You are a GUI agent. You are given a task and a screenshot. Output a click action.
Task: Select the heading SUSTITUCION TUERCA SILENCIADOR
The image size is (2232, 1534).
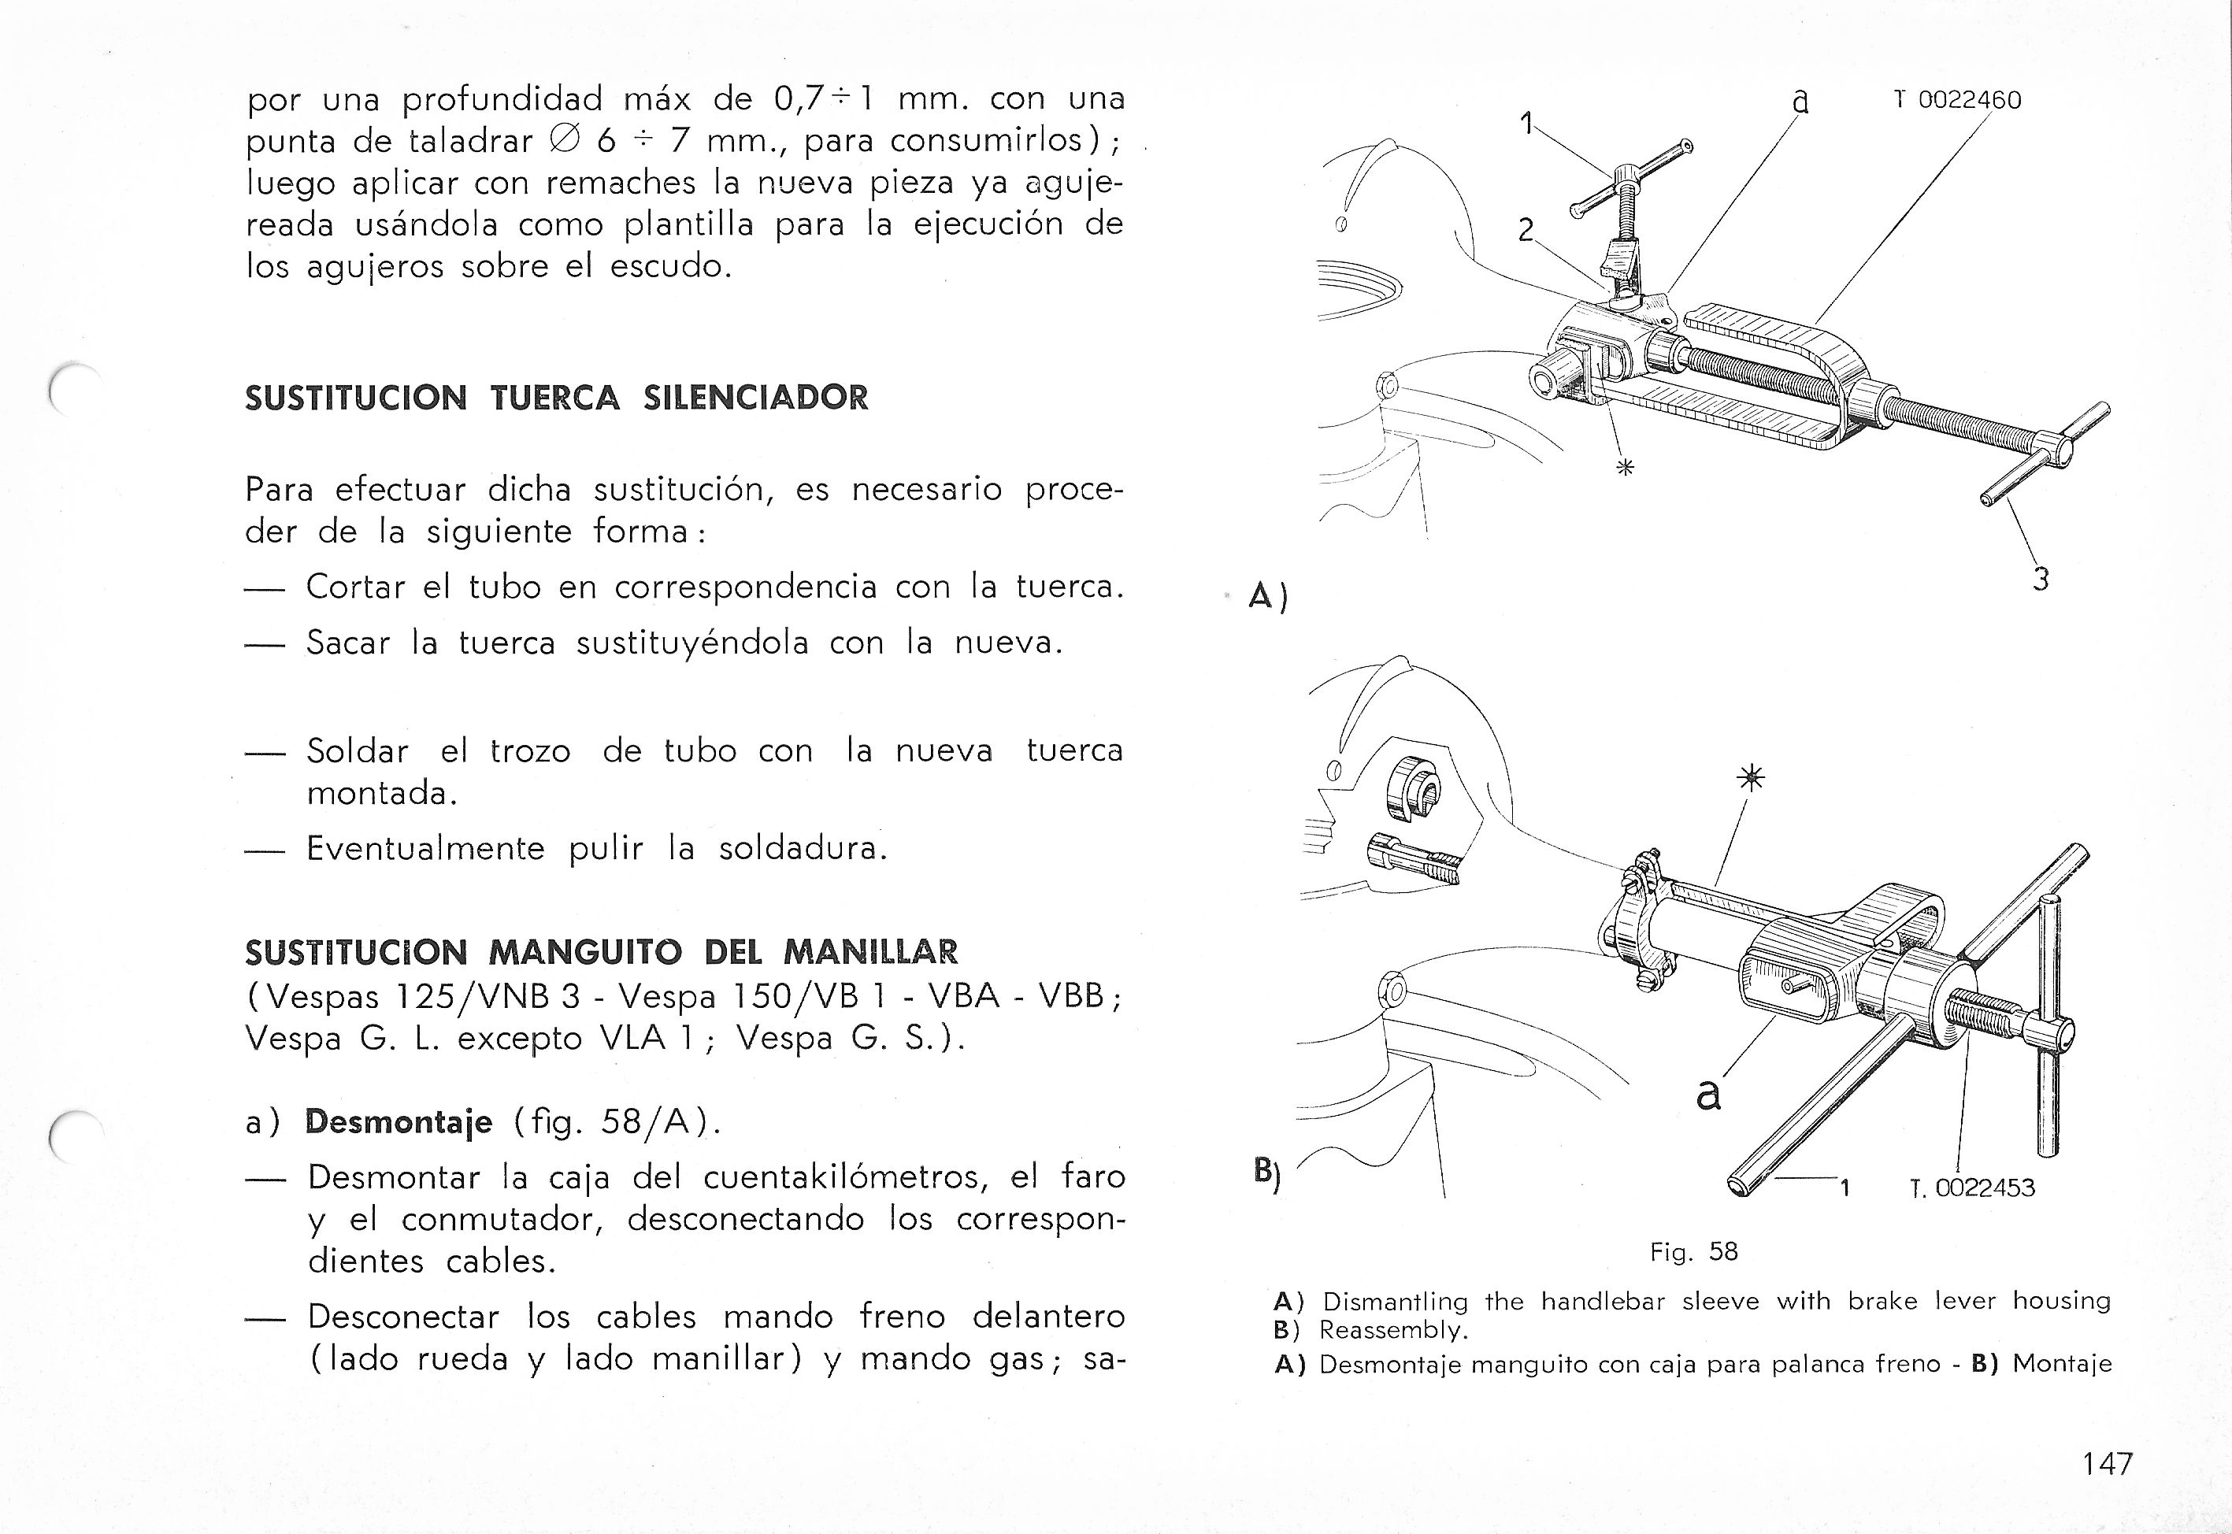(557, 397)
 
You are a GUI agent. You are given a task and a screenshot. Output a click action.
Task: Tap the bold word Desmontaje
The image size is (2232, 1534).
(398, 1121)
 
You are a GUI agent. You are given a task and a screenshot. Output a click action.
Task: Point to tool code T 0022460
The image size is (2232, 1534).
(1958, 100)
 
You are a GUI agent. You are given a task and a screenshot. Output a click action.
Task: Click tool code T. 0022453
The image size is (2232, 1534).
(1972, 1188)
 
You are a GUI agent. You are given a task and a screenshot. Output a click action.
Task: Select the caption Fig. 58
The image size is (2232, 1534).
(1694, 1251)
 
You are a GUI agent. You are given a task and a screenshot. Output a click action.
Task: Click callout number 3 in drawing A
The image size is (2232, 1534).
(2040, 580)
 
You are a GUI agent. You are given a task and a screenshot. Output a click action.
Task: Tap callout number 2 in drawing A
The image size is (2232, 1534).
(1526, 231)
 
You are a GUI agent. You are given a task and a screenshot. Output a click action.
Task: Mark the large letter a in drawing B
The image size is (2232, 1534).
(1707, 1095)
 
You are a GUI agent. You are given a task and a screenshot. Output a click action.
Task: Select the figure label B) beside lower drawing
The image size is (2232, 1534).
(1267, 1173)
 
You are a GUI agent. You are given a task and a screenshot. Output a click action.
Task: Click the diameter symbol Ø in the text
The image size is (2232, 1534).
(563, 140)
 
